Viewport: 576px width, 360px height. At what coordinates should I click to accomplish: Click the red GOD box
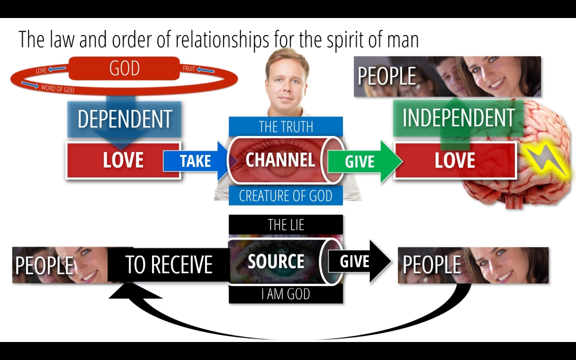[x=124, y=68]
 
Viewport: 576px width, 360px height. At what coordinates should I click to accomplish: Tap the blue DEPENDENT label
[x=124, y=119]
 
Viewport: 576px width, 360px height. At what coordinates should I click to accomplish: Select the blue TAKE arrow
[x=196, y=161]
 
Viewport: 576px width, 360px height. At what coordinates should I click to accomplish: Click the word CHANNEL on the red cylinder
[x=280, y=160]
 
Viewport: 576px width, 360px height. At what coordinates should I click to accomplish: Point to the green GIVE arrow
[x=364, y=161]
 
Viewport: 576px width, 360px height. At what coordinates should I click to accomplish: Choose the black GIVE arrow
[x=359, y=261]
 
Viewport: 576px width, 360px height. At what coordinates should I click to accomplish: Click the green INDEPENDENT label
[x=458, y=118]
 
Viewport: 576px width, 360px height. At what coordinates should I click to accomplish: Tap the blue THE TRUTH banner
[x=286, y=126]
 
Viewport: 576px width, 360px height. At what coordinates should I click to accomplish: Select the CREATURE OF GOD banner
[x=286, y=195]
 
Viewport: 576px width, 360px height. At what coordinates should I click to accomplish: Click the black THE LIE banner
[x=286, y=224]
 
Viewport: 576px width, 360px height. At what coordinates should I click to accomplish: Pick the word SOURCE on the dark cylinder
[x=276, y=261]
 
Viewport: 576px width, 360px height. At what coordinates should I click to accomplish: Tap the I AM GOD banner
[x=286, y=294]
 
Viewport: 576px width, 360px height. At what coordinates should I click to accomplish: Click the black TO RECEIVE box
[x=168, y=264]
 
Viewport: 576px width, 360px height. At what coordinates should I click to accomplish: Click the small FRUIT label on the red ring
[x=188, y=68]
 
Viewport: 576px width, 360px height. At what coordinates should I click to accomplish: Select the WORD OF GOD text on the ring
[x=57, y=88]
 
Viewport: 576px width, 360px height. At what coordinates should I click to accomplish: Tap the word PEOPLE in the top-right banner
[x=386, y=76]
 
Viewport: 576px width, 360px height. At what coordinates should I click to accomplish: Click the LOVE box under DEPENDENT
[x=123, y=160]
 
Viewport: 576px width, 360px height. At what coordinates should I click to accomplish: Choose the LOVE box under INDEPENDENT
[x=455, y=160]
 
